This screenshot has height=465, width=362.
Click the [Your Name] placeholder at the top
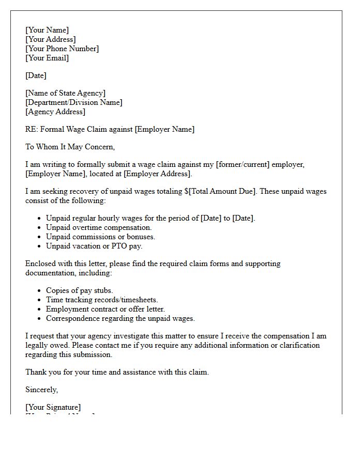[47, 30]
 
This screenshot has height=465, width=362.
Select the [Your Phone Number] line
[62, 49]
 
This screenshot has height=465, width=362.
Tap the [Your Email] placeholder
[47, 58]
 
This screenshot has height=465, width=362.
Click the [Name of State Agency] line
[65, 93]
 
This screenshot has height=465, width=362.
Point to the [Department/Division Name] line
[74, 102]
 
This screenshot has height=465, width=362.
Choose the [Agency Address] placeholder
[55, 112]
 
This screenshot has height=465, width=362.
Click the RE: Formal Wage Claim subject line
[110, 129]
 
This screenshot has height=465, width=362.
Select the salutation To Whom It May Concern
[70, 147]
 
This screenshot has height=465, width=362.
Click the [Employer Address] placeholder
[157, 174]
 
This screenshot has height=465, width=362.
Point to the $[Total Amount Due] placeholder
[220, 191]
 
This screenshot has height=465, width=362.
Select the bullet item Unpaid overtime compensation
[99, 227]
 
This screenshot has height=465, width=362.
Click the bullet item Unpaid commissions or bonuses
[100, 237]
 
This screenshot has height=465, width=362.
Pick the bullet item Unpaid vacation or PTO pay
[94, 246]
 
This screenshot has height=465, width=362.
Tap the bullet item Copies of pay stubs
[79, 290]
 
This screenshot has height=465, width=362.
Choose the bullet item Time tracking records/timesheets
[102, 300]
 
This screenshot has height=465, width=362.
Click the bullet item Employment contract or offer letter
[105, 309]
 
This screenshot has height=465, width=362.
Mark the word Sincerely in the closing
[41, 390]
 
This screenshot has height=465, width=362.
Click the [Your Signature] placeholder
[53, 407]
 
